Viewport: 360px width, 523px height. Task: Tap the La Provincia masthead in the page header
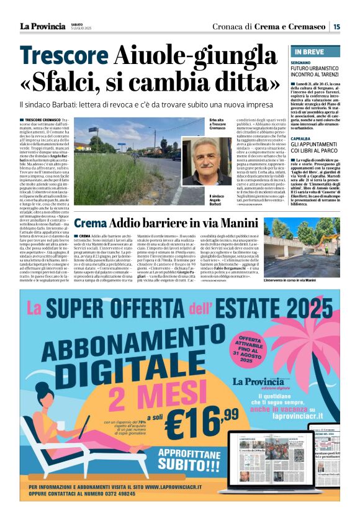42,26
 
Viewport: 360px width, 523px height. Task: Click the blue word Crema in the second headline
91,223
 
